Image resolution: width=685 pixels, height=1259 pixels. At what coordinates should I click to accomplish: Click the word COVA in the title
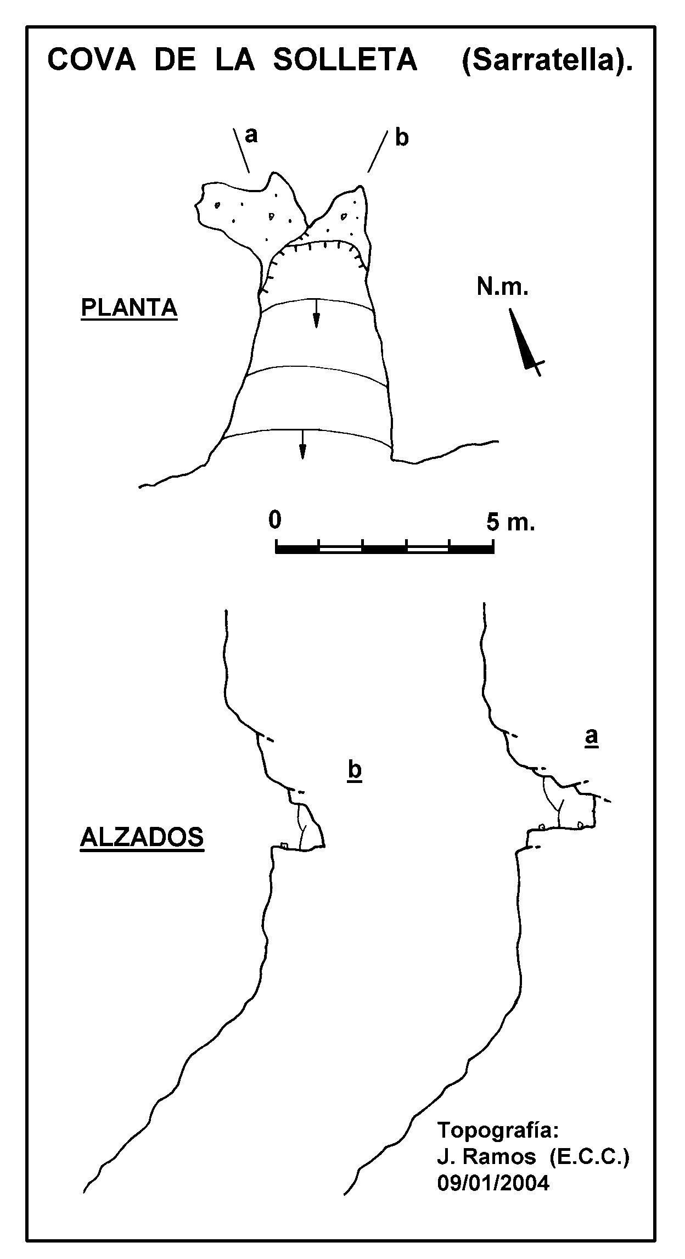click(x=92, y=60)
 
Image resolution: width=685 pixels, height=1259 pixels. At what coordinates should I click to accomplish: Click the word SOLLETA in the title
click(x=345, y=60)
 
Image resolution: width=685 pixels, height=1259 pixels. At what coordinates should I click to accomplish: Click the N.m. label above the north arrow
click(x=502, y=287)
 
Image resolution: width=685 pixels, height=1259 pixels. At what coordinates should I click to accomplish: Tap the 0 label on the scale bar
click(x=275, y=520)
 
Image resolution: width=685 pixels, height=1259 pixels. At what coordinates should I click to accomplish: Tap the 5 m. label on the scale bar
click(x=510, y=522)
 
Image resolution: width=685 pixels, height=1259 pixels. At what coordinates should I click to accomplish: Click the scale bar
click(x=384, y=547)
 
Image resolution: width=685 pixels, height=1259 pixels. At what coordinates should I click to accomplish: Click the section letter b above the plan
click(x=402, y=138)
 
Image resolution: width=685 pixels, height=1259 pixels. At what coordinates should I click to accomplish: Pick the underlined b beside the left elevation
click(x=355, y=771)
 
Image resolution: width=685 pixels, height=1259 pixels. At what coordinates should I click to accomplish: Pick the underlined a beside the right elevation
click(x=591, y=737)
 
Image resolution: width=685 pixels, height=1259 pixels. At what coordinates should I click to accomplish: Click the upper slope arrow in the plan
click(x=316, y=314)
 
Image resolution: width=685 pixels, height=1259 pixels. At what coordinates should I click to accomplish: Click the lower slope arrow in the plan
click(x=302, y=444)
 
